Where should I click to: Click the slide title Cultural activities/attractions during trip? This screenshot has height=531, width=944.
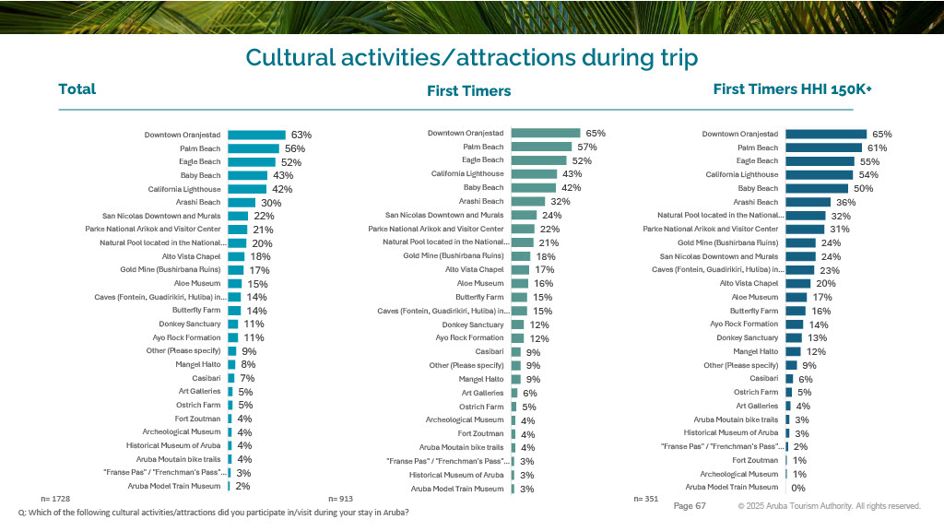coord(471,57)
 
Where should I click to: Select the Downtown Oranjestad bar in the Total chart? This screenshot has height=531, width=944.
coord(256,135)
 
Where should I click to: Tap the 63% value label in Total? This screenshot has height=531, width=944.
coord(301,135)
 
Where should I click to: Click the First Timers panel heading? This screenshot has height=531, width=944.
coord(468,91)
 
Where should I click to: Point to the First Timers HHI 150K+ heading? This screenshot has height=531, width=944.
coord(792,89)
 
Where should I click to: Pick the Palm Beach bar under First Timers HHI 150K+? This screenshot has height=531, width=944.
coord(822,147)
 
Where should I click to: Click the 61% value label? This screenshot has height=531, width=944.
coord(877,147)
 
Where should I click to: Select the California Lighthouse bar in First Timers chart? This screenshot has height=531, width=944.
coord(535,174)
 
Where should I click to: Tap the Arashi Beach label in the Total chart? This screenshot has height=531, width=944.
coord(198,202)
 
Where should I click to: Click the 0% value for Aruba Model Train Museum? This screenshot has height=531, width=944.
coord(798,487)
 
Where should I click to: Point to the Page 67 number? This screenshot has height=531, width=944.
coord(690,506)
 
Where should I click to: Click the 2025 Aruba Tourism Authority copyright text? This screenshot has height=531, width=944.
coord(829,506)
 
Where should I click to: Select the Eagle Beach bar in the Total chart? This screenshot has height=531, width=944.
coord(251,161)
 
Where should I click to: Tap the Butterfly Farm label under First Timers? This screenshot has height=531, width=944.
coord(479,297)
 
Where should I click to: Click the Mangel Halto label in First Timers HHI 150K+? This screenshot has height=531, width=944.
coord(755,351)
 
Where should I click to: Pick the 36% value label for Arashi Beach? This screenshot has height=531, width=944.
coord(845,202)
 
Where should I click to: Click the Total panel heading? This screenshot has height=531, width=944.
coord(77,89)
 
